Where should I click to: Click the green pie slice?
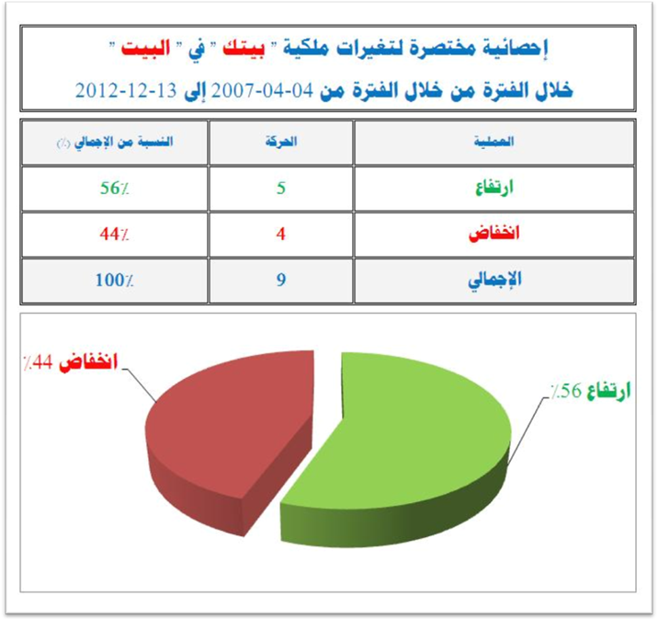pyautogui.click(x=403, y=453)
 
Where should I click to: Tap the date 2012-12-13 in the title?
pyautogui.click(x=126, y=90)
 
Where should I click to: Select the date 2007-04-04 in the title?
pyautogui.click(x=262, y=90)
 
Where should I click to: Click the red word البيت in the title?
pyautogui.click(x=145, y=48)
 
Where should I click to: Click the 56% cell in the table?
pyautogui.click(x=114, y=189)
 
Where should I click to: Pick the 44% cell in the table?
pyautogui.click(x=114, y=234)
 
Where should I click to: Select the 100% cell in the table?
pyautogui.click(x=114, y=280)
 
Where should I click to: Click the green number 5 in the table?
pyautogui.click(x=280, y=189)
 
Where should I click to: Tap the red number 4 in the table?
pyautogui.click(x=280, y=234)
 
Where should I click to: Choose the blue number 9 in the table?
pyautogui.click(x=280, y=280)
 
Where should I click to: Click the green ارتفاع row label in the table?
pyautogui.click(x=493, y=188)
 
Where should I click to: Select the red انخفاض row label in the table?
pyautogui.click(x=493, y=233)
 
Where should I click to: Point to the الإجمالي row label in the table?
pyautogui.click(x=494, y=280)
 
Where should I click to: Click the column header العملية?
pyautogui.click(x=493, y=142)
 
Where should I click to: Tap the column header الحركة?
pyautogui.click(x=280, y=142)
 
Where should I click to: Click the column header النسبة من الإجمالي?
pyautogui.click(x=115, y=142)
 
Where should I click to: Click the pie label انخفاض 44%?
pyautogui.click(x=71, y=362)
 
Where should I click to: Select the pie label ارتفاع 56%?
pyautogui.click(x=591, y=391)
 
